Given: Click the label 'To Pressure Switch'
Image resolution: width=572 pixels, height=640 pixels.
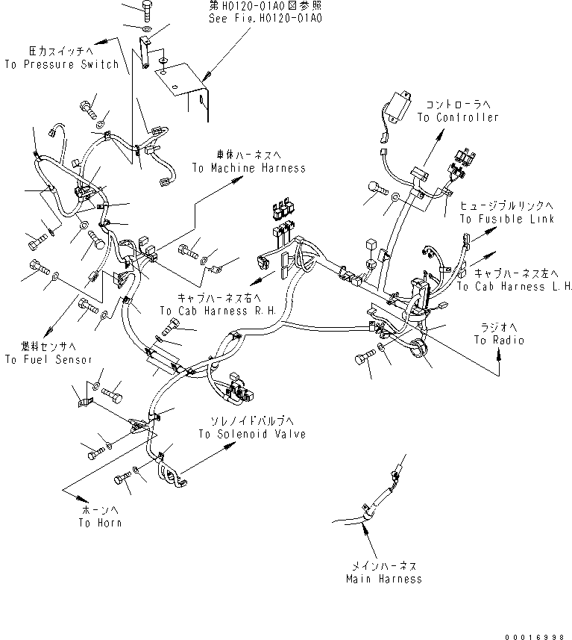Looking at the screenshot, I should [x=61, y=64].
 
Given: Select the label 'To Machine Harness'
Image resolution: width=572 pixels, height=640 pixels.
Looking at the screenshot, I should [x=248, y=168].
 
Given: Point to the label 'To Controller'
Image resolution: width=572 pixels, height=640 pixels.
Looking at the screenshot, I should [x=457, y=117].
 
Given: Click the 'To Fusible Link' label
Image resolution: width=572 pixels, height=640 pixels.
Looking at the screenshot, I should [x=506, y=219].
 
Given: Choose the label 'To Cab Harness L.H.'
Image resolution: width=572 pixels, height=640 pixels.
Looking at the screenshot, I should [x=515, y=286].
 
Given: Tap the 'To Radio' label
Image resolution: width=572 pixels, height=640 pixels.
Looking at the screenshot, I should [x=499, y=340].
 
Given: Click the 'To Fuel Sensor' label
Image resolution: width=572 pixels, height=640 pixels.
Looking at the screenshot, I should [x=48, y=359].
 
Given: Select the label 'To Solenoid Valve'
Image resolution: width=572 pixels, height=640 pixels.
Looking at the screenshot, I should [x=251, y=434].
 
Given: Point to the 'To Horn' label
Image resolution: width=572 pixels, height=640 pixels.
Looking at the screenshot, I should [x=100, y=522].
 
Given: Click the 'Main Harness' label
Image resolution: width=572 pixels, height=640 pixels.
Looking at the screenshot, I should [x=383, y=578].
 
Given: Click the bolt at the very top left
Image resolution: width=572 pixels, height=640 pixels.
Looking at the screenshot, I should [x=146, y=9].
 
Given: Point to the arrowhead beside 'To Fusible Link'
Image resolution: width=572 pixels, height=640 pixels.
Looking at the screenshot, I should [x=492, y=232].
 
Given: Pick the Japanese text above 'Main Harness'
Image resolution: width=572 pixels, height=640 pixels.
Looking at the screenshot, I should [x=383, y=566].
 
